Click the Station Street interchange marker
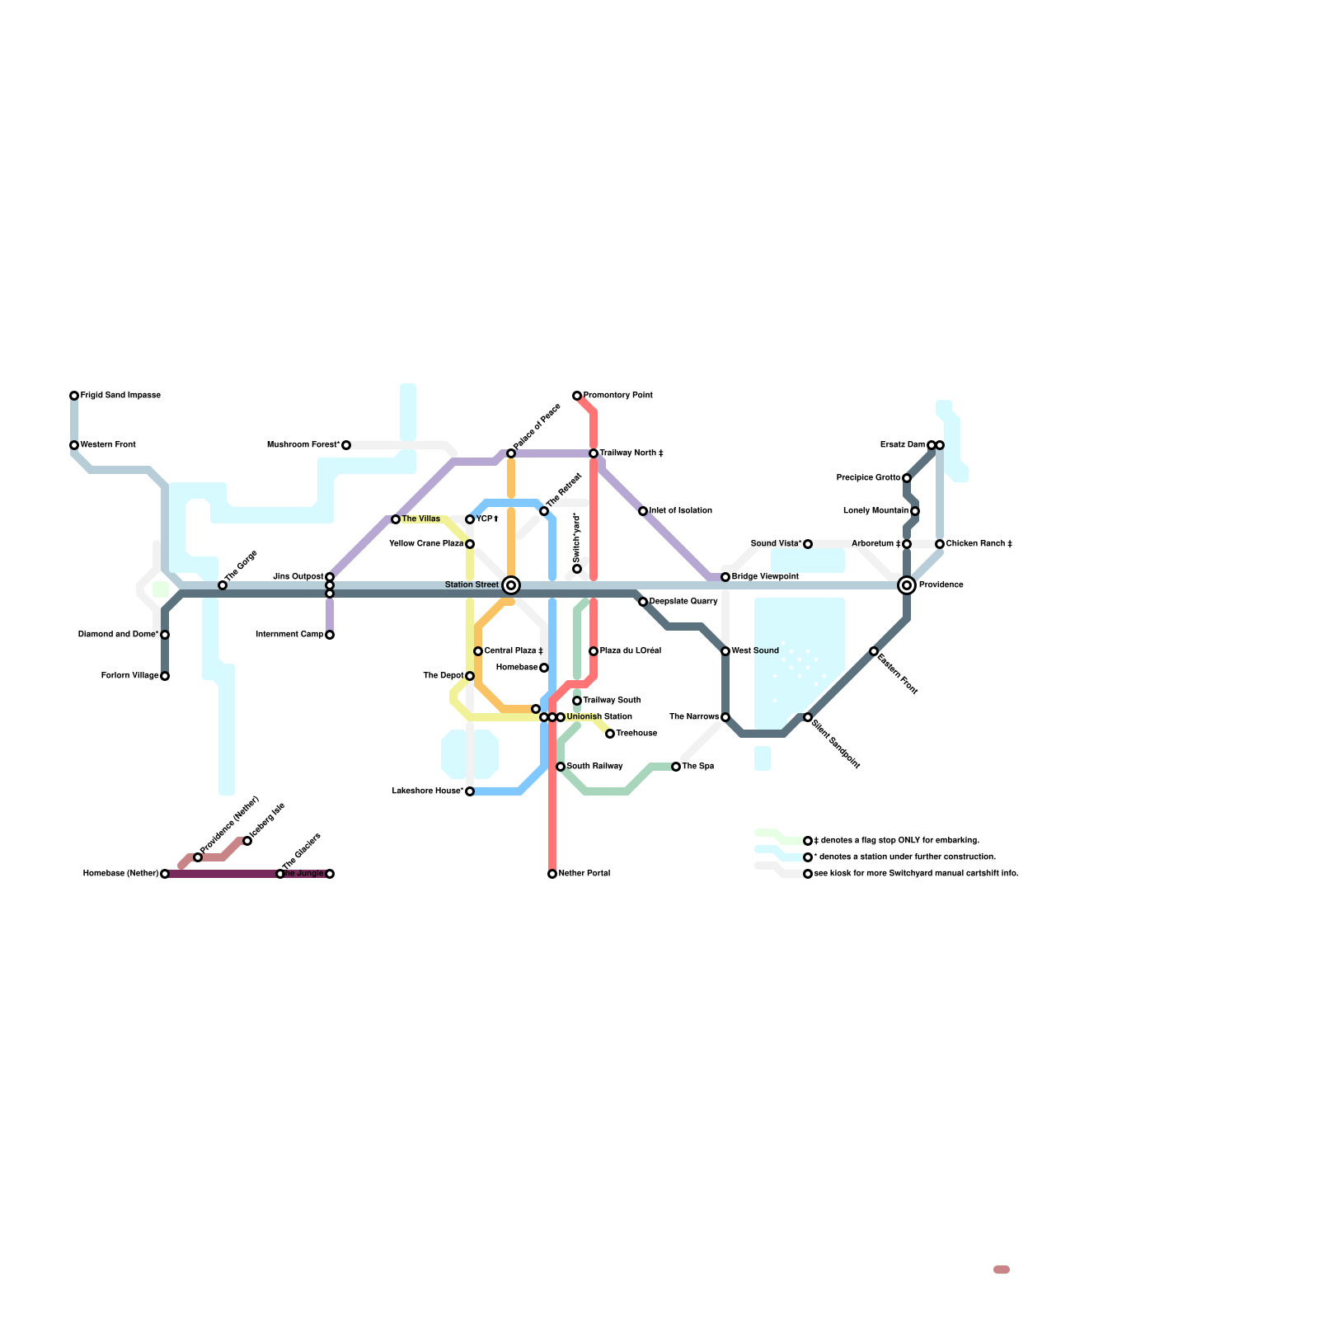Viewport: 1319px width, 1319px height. pos(511,585)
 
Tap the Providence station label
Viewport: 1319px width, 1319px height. pos(941,585)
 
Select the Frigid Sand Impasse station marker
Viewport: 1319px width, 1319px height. pos(74,396)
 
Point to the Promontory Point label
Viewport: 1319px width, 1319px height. pos(617,396)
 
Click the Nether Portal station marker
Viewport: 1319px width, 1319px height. pos(552,874)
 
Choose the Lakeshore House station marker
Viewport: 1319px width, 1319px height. pos(470,791)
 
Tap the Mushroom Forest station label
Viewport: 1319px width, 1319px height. pos(303,445)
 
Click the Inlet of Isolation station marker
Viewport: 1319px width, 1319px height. pos(643,511)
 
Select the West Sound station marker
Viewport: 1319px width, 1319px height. pos(725,651)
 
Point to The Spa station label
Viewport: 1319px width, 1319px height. pos(697,767)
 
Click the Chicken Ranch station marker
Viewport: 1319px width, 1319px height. pos(940,544)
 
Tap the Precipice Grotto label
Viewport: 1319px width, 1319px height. pos(868,478)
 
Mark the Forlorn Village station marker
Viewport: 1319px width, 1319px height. pos(165,676)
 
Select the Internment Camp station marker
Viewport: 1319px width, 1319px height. pos(330,635)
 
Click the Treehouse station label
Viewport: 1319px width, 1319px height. pos(636,734)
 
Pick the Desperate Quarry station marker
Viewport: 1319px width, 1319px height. pos(643,602)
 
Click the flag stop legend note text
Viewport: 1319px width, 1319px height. pos(896,841)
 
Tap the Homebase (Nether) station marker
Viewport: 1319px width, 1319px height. pos(165,874)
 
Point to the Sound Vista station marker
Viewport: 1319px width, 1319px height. pos(808,544)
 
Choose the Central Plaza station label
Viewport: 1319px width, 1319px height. pos(513,651)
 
